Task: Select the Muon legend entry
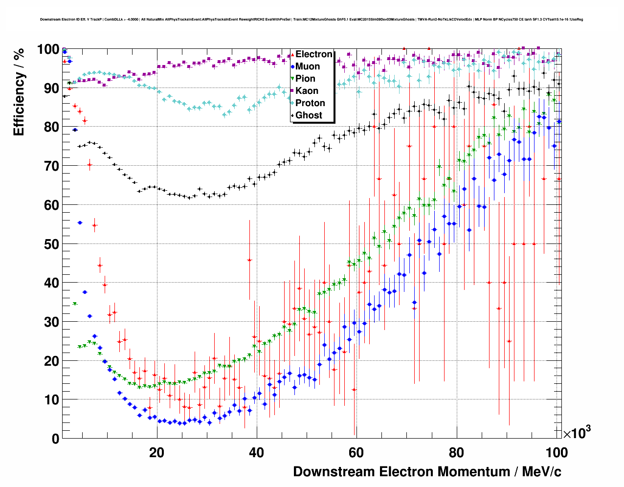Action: click(308, 66)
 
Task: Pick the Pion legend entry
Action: click(305, 79)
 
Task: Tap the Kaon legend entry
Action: click(307, 91)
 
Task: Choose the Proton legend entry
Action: click(310, 103)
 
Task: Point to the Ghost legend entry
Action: click(309, 115)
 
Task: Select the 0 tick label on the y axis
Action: click(55, 439)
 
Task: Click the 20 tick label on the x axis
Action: click(156, 452)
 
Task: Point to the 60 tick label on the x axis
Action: click(356, 452)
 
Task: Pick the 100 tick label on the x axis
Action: click(556, 452)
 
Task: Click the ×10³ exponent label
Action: click(577, 433)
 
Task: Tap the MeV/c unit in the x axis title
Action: click(542, 472)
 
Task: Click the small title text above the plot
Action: click(312, 20)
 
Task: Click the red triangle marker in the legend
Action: click(292, 54)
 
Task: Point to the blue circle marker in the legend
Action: click(292, 66)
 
